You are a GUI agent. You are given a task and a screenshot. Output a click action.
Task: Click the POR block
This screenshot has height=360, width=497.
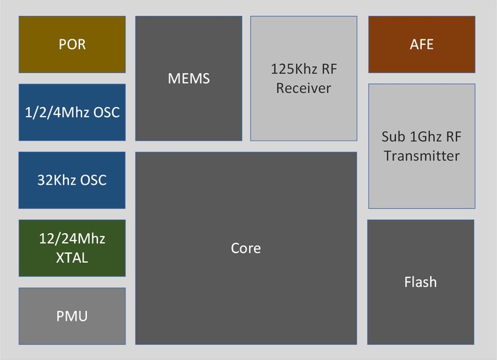[72, 44]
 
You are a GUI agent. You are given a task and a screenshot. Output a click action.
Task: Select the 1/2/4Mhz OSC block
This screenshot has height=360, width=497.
[72, 112]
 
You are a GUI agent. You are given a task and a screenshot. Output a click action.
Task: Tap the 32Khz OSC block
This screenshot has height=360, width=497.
[72, 180]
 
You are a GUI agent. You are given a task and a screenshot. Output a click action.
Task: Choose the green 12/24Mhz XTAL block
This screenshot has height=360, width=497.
[72, 248]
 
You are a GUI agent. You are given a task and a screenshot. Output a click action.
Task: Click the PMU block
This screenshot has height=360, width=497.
[72, 316]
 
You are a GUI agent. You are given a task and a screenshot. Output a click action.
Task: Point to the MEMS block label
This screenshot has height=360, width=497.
[188, 79]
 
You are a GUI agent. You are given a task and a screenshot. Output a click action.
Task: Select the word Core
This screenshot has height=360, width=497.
[246, 248]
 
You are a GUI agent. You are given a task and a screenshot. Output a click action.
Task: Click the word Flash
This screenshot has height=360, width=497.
[420, 282]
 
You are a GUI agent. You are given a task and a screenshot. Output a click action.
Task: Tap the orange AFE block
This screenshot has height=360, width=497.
[422, 44]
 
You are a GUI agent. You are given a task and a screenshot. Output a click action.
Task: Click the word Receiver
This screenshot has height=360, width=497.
[304, 88]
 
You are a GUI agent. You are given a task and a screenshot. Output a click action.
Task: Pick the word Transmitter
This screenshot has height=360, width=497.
[422, 156]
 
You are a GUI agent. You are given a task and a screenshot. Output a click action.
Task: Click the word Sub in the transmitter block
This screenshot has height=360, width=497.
[393, 137]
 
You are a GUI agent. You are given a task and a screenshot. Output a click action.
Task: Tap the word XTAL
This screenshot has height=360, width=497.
[72, 258]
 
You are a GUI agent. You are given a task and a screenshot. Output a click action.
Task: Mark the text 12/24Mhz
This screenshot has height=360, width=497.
[72, 239]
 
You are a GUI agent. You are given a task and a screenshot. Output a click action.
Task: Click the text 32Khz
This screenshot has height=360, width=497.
[56, 180]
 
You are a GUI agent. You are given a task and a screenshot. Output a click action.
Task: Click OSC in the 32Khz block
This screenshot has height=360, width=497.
[93, 180]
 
